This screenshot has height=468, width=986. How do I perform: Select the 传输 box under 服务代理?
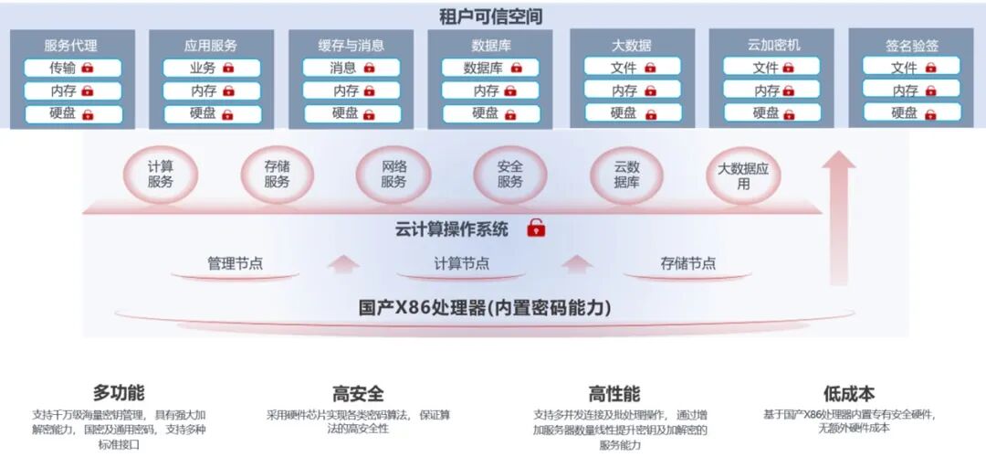click(x=72, y=68)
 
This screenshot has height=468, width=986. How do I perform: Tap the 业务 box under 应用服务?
click(x=212, y=68)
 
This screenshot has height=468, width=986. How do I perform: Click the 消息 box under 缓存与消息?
click(x=351, y=68)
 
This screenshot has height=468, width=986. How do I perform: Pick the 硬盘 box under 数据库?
click(x=491, y=113)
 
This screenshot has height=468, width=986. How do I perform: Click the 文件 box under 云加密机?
click(x=772, y=68)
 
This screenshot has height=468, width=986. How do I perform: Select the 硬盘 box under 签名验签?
click(x=911, y=113)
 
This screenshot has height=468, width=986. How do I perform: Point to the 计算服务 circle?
click(x=161, y=175)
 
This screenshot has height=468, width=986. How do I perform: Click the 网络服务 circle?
click(x=393, y=175)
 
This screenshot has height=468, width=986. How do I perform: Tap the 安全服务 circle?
click(x=509, y=175)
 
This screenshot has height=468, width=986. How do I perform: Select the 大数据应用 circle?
click(x=743, y=175)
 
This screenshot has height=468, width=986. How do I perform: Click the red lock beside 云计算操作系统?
click(x=537, y=229)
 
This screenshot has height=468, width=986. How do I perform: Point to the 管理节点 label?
click(x=235, y=263)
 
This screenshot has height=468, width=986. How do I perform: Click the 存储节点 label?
click(x=687, y=263)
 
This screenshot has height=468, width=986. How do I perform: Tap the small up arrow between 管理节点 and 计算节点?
click(x=343, y=264)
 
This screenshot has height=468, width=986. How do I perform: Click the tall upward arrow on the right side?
click(x=838, y=219)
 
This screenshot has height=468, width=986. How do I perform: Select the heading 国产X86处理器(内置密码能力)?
click(x=485, y=308)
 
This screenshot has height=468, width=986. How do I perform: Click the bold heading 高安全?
click(x=358, y=394)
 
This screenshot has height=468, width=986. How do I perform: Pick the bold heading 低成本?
click(x=848, y=394)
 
